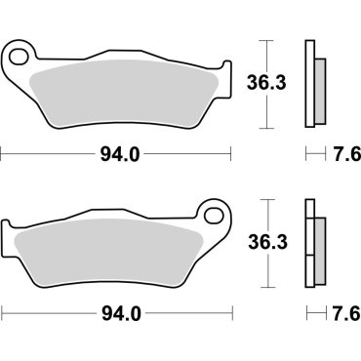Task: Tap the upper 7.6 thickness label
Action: click(337, 153)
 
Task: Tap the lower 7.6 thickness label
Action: click(337, 314)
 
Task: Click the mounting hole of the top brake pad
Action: click(17, 57)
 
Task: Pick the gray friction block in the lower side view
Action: click(320, 244)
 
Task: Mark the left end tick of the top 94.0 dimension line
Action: click(2, 153)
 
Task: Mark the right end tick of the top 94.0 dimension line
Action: click(231, 153)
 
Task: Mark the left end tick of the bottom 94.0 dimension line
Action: click(2, 314)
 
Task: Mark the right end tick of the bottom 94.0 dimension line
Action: click(231, 314)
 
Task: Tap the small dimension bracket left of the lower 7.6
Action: click(310, 314)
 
